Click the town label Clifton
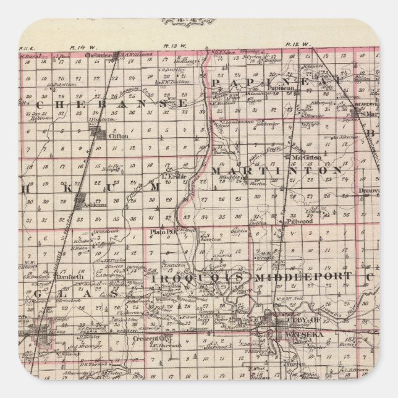coord(117,136)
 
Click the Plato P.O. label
coord(161,232)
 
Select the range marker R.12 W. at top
coord(295,44)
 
